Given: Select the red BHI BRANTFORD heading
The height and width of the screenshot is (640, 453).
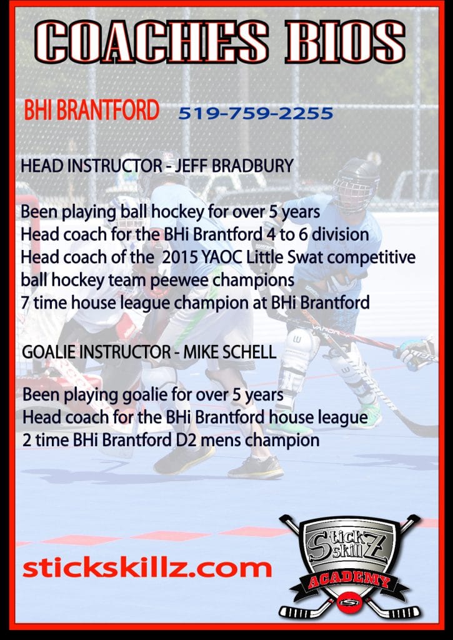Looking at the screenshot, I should (x=91, y=111).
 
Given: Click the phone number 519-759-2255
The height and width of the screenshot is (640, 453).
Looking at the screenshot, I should (x=255, y=114).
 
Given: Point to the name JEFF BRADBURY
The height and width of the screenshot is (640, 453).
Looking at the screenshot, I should (x=240, y=166).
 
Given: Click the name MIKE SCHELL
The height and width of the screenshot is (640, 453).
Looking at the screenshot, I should (x=229, y=352).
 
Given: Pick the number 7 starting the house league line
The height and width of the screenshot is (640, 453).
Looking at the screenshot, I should (x=26, y=302).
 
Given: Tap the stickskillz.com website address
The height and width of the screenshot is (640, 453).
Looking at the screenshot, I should (x=147, y=567).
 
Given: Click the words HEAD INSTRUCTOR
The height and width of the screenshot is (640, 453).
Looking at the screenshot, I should (x=85, y=166).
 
